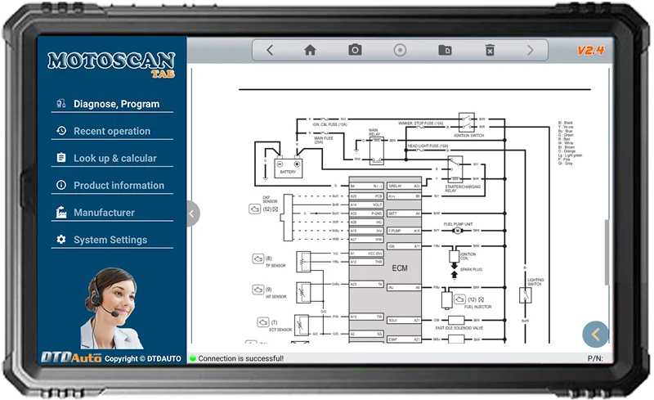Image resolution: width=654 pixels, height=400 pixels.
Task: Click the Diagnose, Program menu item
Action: [x=115, y=104]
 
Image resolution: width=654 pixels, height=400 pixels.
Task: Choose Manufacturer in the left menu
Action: [x=104, y=213]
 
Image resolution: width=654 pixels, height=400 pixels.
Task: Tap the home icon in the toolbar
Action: [x=310, y=50]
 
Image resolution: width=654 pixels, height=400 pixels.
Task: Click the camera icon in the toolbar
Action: [x=355, y=50]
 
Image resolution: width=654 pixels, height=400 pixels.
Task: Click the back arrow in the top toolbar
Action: [x=270, y=50]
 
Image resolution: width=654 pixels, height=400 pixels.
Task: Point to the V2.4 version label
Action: [x=589, y=51]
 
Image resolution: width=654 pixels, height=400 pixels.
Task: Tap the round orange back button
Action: [x=595, y=334]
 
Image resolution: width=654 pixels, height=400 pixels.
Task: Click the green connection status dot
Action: [x=193, y=358]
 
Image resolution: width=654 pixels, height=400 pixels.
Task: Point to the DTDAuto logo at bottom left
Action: [x=72, y=357]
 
